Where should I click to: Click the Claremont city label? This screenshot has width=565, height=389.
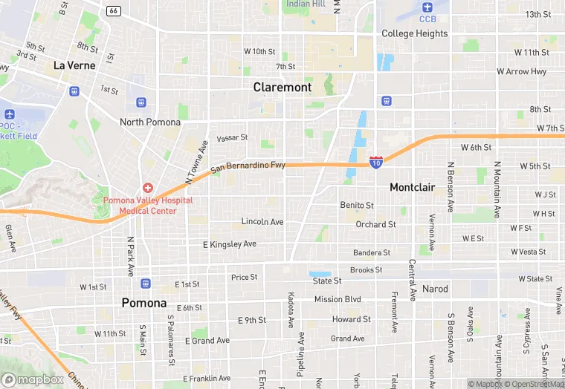(x=282, y=87)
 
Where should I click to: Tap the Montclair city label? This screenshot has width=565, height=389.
(x=412, y=188)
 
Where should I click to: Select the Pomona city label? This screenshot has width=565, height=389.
(x=144, y=303)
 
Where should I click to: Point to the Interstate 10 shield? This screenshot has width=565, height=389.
(x=377, y=160)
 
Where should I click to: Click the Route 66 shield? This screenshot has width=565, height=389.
(x=113, y=10)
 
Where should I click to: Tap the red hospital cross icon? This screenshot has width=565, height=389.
(x=148, y=188)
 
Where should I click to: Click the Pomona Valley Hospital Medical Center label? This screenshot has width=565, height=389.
(x=148, y=206)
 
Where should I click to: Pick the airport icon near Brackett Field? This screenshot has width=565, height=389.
(x=9, y=114)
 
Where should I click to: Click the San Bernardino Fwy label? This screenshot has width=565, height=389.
(x=248, y=168)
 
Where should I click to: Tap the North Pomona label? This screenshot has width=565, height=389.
(x=150, y=122)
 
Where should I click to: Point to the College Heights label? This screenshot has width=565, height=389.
(x=415, y=33)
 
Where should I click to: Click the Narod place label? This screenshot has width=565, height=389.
(x=435, y=289)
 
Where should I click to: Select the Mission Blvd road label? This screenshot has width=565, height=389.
(x=337, y=300)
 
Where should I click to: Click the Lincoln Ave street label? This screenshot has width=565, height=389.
(x=262, y=222)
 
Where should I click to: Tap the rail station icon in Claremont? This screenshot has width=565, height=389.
(x=386, y=101)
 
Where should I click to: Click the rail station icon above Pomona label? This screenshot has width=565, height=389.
(x=145, y=283)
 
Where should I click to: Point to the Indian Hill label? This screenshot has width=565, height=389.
(x=306, y=4)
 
